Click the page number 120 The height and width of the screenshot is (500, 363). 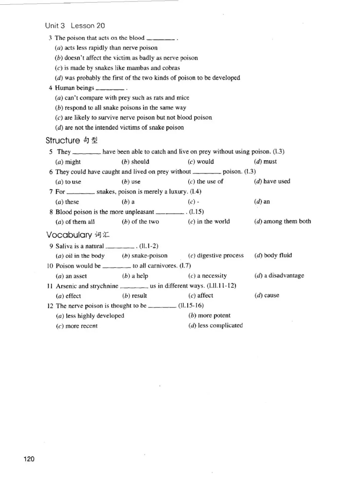(29, 459)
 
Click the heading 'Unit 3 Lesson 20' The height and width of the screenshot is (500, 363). (75, 26)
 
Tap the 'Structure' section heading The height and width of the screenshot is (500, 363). (63, 140)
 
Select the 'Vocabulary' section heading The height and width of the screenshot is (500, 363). (69, 235)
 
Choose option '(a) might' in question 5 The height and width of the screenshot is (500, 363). (68, 162)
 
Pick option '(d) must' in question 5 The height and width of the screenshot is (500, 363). (265, 162)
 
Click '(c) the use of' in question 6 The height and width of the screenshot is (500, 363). (205, 181)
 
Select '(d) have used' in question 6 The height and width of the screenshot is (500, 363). (272, 181)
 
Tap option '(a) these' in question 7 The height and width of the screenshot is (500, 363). (67, 202)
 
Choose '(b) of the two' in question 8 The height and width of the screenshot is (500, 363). (140, 222)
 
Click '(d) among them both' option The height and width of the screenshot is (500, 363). (282, 221)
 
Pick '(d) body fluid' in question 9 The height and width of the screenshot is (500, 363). (273, 255)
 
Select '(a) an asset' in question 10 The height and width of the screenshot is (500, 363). (71, 276)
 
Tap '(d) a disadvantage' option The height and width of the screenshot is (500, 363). (279, 276)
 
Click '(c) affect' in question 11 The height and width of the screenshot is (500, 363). (201, 296)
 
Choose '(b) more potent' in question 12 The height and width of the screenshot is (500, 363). (209, 315)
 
